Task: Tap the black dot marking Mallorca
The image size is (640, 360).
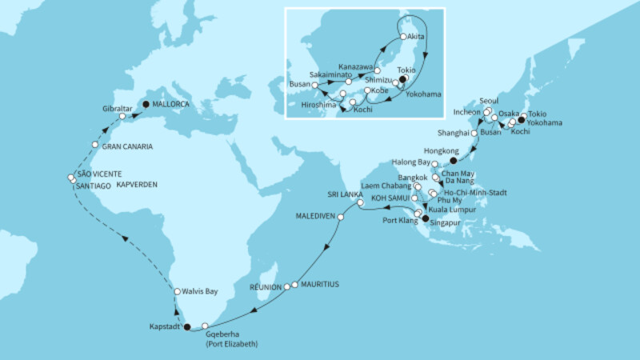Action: pos(146,103)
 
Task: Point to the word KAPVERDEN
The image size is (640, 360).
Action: pos(136,185)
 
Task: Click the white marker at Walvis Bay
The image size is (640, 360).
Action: pos(178,292)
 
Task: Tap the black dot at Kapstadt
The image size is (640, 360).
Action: pos(188,326)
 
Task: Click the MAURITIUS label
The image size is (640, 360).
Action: pos(320,284)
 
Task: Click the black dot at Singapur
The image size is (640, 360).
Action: pos(426,218)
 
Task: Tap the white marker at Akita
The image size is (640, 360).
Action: pos(404,37)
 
